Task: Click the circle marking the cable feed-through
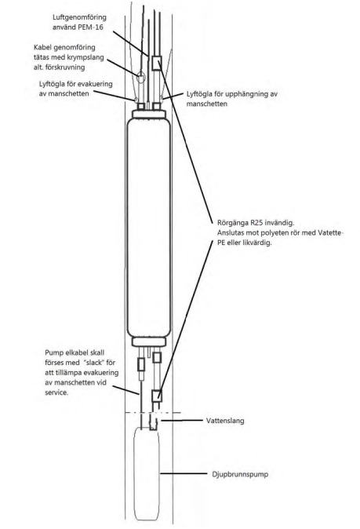140,76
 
